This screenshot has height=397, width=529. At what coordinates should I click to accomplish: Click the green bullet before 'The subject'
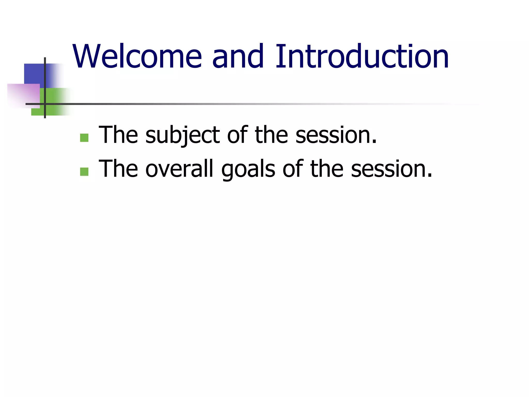(x=84, y=138)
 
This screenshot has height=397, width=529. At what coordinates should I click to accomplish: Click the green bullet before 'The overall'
(x=84, y=172)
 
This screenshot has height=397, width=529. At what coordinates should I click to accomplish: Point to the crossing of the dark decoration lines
(x=45, y=104)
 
